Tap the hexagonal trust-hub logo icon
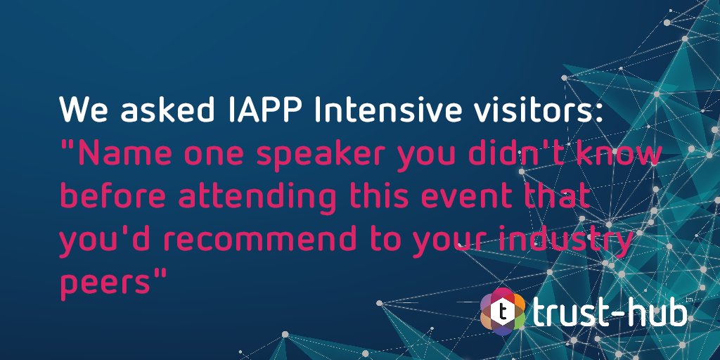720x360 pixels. pyautogui.click(x=503, y=311)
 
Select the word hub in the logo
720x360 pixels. pyautogui.click(x=657, y=311)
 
